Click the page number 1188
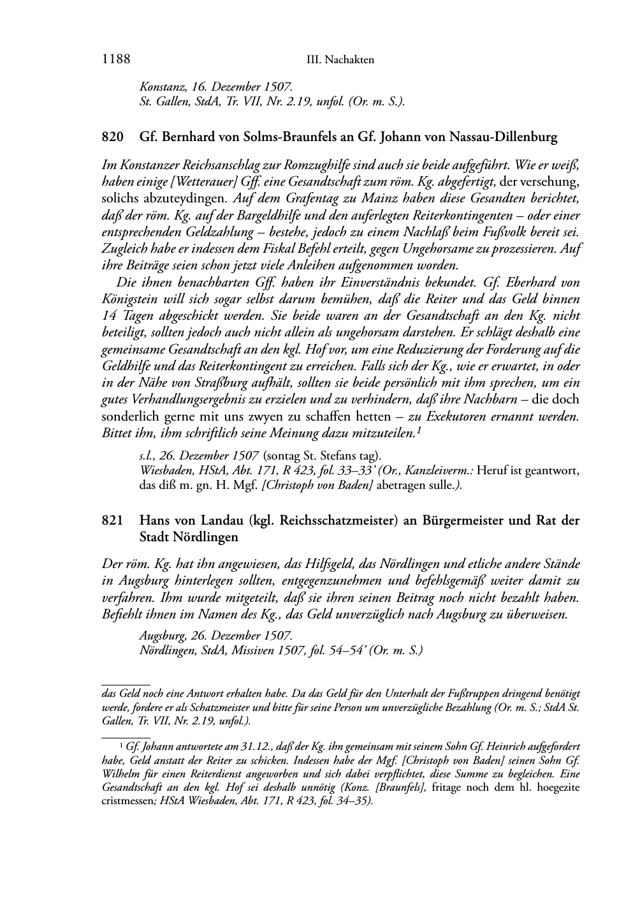tap(116, 60)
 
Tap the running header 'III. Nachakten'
tap(340, 61)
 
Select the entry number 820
tap(112, 137)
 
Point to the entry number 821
tap(112, 521)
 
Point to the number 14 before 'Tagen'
tap(109, 315)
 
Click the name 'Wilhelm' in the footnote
tap(119, 774)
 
